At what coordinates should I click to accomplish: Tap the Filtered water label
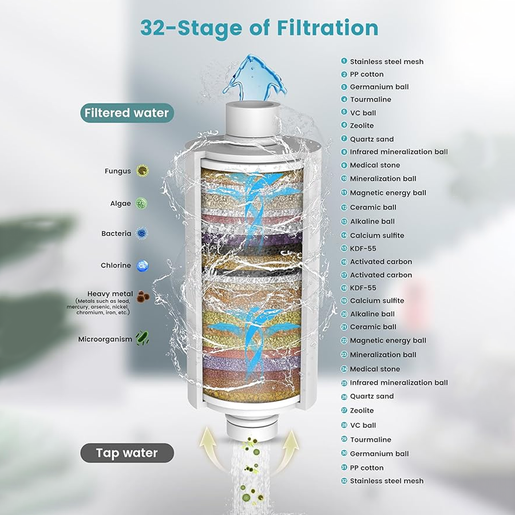(x=126, y=113)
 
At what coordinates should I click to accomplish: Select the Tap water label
(x=126, y=453)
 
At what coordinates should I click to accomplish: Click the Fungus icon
(x=142, y=171)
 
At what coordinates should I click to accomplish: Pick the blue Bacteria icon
(x=142, y=233)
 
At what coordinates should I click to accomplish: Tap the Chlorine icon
(x=142, y=265)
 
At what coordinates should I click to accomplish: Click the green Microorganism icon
(x=142, y=338)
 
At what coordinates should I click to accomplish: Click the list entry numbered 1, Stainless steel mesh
(x=386, y=61)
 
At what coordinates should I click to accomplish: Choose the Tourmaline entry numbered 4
(x=370, y=100)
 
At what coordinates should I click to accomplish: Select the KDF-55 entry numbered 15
(x=363, y=248)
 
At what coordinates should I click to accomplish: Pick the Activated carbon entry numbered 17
(x=381, y=275)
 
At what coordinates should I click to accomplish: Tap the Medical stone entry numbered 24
(x=375, y=369)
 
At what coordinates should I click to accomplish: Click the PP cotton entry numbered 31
(x=366, y=468)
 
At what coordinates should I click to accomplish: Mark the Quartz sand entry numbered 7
(x=371, y=139)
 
